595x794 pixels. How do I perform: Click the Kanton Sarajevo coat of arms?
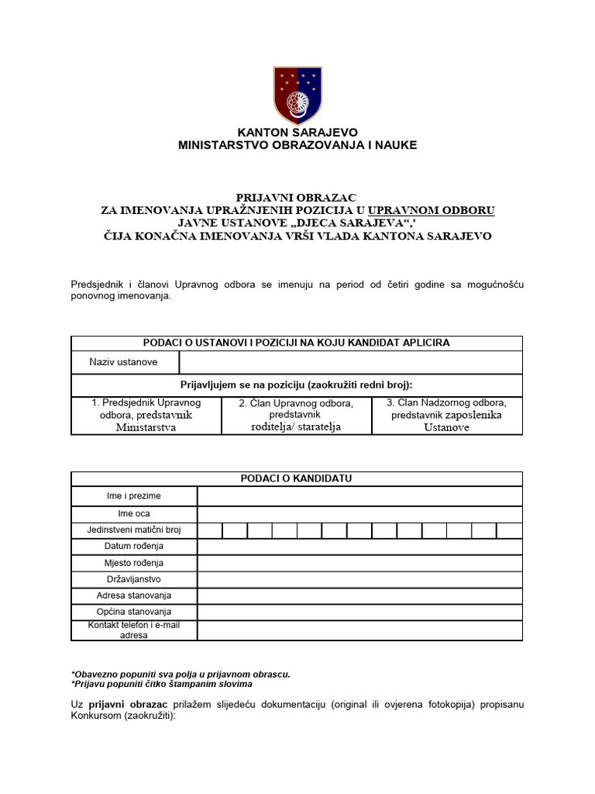point(297,95)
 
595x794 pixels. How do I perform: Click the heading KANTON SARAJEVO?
point(297,133)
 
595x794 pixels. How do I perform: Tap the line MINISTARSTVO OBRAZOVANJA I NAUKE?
point(297,145)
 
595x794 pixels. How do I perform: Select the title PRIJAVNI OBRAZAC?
point(297,198)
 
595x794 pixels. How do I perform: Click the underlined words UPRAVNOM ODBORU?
point(432,210)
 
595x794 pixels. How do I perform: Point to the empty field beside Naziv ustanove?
point(350,362)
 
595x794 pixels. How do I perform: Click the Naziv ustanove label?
point(124,362)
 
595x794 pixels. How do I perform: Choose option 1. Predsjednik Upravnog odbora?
point(146,415)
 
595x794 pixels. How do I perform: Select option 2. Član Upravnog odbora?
point(296,415)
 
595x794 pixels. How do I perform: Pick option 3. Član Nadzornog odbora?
point(446,415)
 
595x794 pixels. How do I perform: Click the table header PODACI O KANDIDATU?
point(297,478)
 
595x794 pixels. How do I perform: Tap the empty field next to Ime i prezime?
point(359,496)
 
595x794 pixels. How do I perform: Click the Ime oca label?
point(134,513)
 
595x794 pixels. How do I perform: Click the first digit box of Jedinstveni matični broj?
point(210,530)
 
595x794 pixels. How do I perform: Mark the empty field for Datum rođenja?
point(359,547)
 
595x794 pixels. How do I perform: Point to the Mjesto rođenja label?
point(134,563)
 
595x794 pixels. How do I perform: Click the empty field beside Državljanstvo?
point(359,579)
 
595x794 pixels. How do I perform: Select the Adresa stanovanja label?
point(134,595)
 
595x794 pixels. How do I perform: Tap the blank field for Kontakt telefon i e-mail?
point(359,630)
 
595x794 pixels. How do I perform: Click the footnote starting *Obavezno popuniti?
point(181,674)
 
